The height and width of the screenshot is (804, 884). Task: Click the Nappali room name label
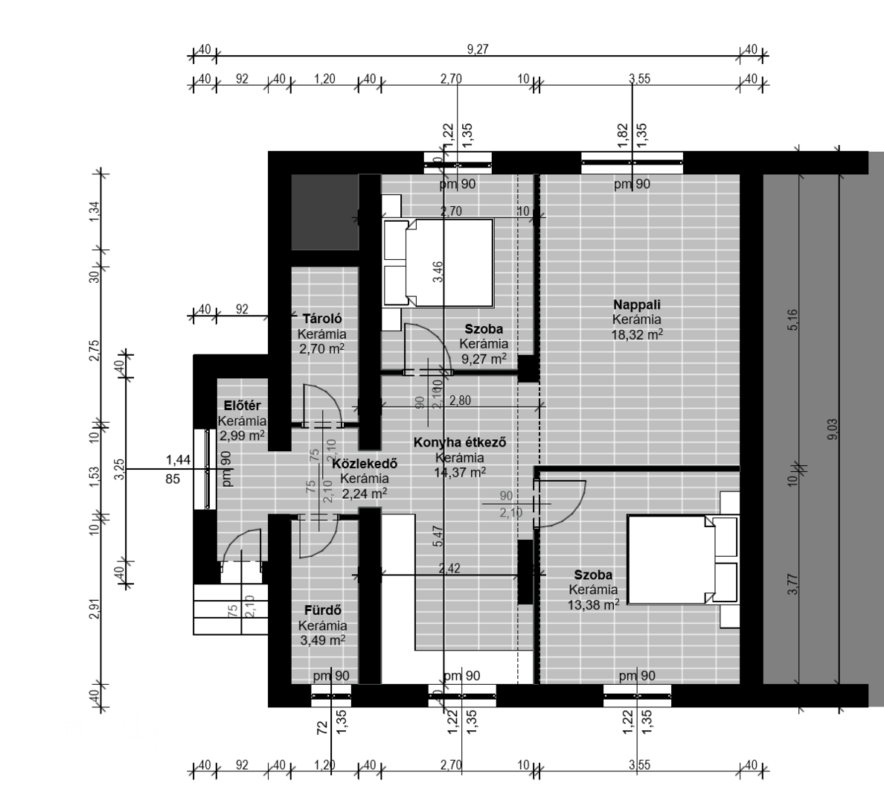pos(636,304)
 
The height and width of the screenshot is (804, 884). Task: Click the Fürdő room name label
pos(321,610)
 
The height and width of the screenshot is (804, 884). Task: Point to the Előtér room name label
pos(242,406)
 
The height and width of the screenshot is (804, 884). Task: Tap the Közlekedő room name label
pos(365,463)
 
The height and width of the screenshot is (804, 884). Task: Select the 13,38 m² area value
pos(593,605)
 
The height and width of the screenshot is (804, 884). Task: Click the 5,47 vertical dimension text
pos(438,536)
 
